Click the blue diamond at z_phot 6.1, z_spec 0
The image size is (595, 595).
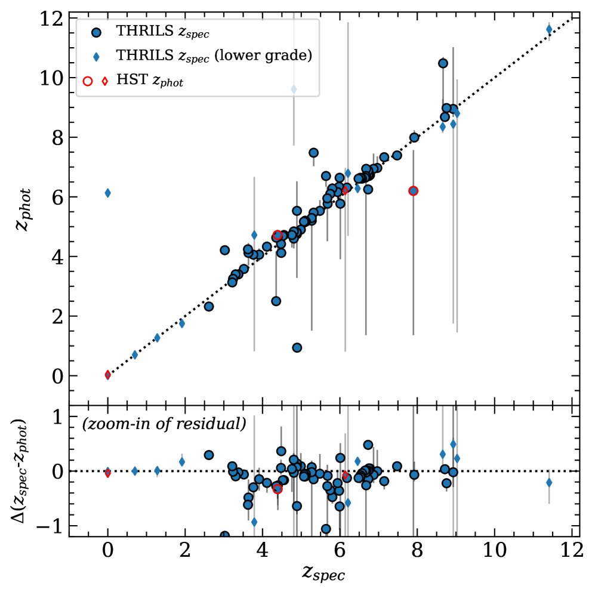(x=107, y=193)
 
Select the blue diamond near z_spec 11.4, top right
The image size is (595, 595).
(x=549, y=29)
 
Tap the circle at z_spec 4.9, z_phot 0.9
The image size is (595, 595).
(x=297, y=347)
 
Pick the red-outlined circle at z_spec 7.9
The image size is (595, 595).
(x=413, y=191)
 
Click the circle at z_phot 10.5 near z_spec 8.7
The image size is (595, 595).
(x=443, y=63)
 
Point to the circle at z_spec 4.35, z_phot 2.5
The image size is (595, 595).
(x=276, y=301)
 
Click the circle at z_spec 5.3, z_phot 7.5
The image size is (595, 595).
(x=313, y=153)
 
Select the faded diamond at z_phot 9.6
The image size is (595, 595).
(x=294, y=89)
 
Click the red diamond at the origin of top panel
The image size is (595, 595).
(x=107, y=375)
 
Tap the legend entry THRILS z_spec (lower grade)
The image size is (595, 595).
(x=214, y=56)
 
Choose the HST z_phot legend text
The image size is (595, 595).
(x=149, y=82)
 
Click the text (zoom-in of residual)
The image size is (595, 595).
(x=164, y=425)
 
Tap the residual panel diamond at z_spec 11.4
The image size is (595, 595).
(x=549, y=482)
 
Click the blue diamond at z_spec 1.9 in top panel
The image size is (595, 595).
(x=182, y=323)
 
